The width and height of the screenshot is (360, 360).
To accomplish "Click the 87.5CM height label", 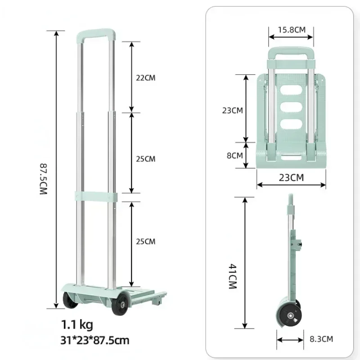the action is click(43, 179).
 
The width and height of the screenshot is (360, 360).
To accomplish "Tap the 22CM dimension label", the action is click(145, 78).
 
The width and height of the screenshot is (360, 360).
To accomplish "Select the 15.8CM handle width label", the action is click(292, 30).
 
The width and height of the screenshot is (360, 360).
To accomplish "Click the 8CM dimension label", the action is click(234, 155).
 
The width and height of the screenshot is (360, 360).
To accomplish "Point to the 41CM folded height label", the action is click(233, 276).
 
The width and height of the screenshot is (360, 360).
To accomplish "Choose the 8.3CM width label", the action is click(321, 339).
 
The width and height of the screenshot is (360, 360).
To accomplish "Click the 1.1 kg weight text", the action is click(77, 324).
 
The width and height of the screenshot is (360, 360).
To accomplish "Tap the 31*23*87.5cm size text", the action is click(95, 340).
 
